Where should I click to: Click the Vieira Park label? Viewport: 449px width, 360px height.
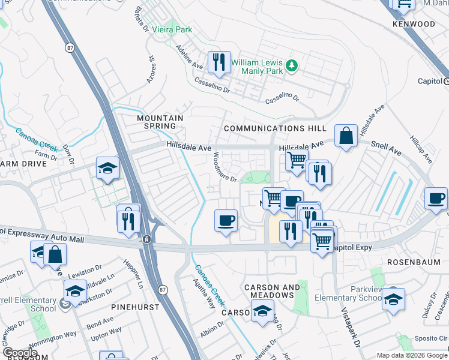(x=171, y=29)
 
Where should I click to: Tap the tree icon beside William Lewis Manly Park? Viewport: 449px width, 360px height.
(x=292, y=65)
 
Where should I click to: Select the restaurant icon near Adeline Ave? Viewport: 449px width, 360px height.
(x=218, y=62)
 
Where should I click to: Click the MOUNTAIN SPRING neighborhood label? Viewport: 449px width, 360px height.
(x=160, y=122)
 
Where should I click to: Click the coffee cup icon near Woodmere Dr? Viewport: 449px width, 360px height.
(x=226, y=220)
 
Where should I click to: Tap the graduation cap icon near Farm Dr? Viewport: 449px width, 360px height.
(x=108, y=169)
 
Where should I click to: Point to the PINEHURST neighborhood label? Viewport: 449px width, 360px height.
(x=135, y=307)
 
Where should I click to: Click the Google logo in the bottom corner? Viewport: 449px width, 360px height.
(x=19, y=353)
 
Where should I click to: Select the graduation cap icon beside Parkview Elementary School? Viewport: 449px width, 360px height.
(x=394, y=299)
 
